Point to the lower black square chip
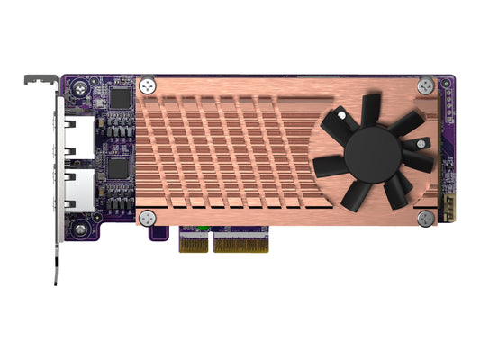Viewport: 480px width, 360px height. point(119,168)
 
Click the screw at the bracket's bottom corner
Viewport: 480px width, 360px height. point(82,230)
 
